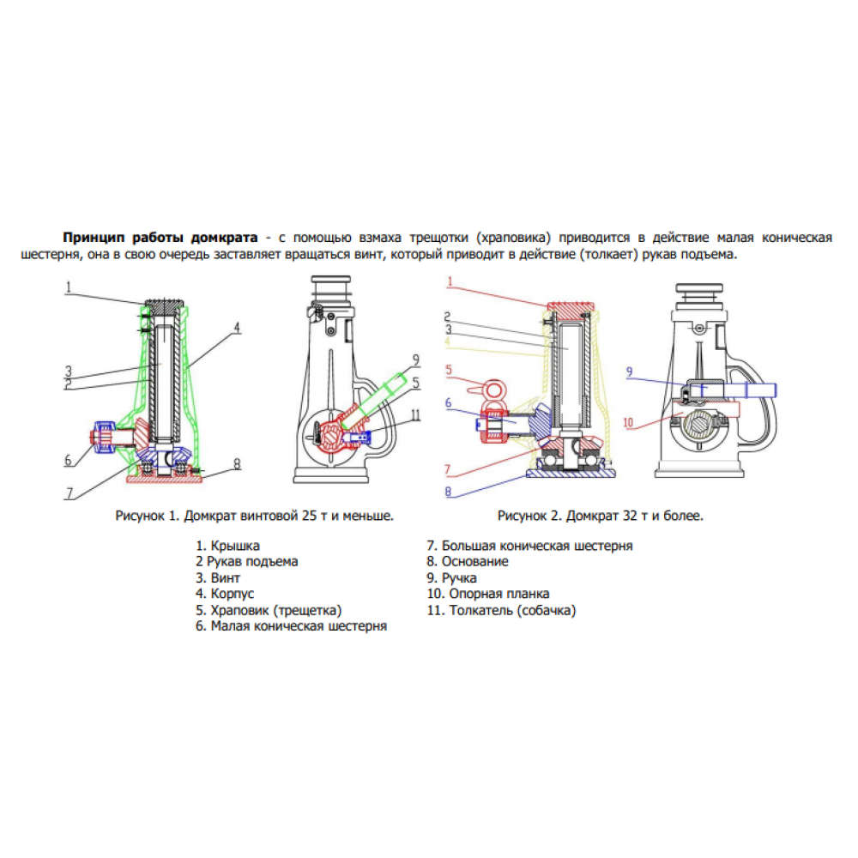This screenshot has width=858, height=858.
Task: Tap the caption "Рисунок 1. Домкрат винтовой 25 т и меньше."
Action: click(254, 516)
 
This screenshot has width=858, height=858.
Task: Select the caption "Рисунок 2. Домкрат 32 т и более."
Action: click(600, 516)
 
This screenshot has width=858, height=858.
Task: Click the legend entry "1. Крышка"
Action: click(227, 545)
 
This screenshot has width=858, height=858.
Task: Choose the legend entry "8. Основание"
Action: click(468, 561)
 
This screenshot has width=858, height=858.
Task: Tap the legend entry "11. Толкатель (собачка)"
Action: click(502, 610)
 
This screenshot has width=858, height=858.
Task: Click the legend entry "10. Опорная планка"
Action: click(488, 594)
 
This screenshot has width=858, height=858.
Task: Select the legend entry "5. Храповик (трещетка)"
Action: click(269, 610)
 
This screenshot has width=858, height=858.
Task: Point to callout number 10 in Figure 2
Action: click(630, 422)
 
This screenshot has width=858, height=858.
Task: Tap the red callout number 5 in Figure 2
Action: click(448, 370)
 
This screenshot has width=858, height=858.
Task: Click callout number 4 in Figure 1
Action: click(237, 327)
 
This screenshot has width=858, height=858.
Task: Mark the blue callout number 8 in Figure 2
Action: click(447, 492)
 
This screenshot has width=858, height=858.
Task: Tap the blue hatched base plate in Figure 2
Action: click(571, 470)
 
